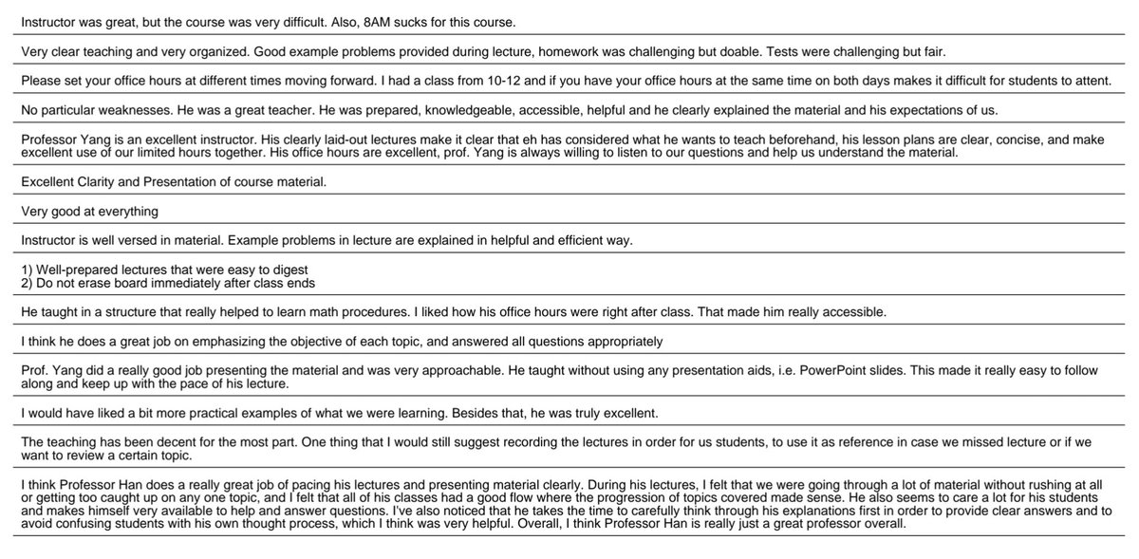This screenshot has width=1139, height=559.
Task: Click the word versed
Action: tap(165, 240)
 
